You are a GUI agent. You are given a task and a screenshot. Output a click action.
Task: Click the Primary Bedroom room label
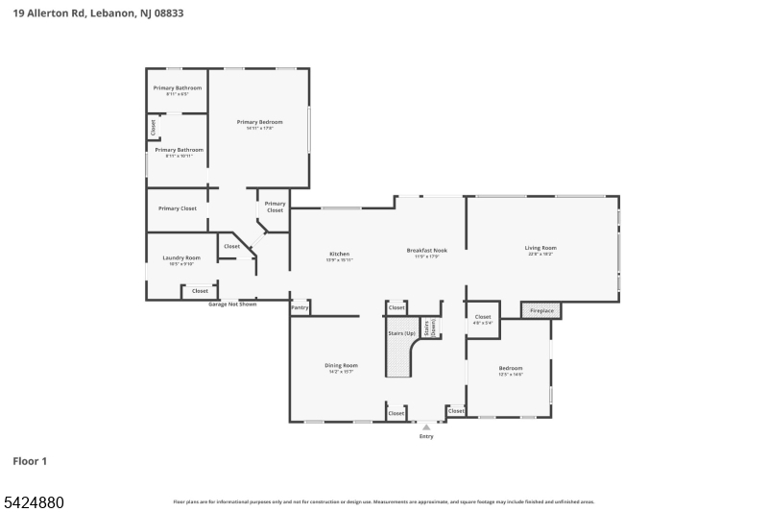coord(260,122)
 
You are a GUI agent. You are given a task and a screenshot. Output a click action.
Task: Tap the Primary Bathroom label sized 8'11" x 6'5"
coord(178,88)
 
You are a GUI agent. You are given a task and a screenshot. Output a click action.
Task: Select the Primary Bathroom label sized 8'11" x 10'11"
coord(179,150)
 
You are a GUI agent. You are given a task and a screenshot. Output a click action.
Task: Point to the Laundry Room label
coord(180,257)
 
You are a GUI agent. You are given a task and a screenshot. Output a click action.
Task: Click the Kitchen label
coord(339,254)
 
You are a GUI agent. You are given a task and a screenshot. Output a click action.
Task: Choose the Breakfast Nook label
coord(426,250)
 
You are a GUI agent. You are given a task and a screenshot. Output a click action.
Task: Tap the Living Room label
coord(540,248)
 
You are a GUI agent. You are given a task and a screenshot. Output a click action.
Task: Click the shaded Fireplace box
coord(541,311)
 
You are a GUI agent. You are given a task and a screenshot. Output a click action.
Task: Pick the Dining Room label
coord(341,365)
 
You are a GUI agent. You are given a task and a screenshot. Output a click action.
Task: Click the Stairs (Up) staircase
coord(401,346)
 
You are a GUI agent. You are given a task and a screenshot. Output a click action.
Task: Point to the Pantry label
coord(300,308)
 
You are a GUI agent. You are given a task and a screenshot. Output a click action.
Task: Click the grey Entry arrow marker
coord(426,427)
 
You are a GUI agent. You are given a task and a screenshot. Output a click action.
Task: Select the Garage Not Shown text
coord(233,305)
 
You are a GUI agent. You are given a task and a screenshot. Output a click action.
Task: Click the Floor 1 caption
coord(30,462)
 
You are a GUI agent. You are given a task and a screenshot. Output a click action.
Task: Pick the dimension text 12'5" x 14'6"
coord(511,375)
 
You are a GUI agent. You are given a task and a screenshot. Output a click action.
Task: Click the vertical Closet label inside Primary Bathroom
coord(153,127)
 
